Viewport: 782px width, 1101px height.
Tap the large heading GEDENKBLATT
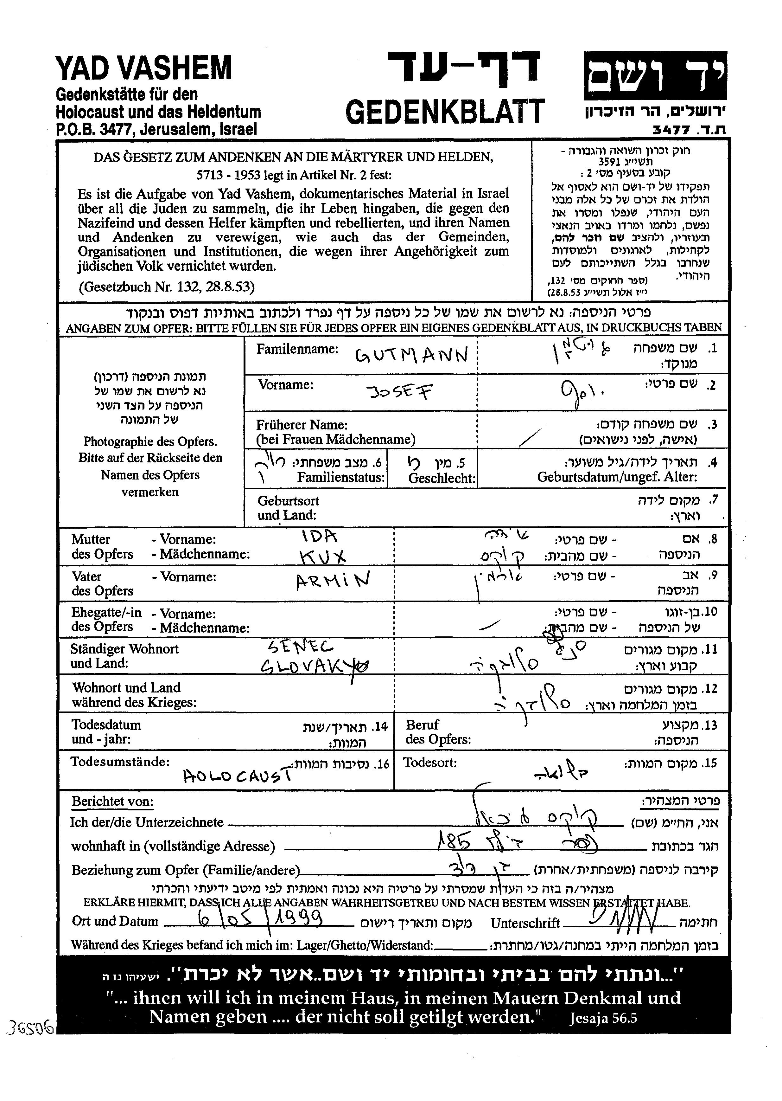pyautogui.click(x=444, y=112)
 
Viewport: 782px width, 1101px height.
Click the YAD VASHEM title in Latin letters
pyautogui.click(x=143, y=68)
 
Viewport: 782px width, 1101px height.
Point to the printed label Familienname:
pyautogui.click(x=297, y=349)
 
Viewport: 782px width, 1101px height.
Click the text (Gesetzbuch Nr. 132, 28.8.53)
pyautogui.click(x=167, y=287)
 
